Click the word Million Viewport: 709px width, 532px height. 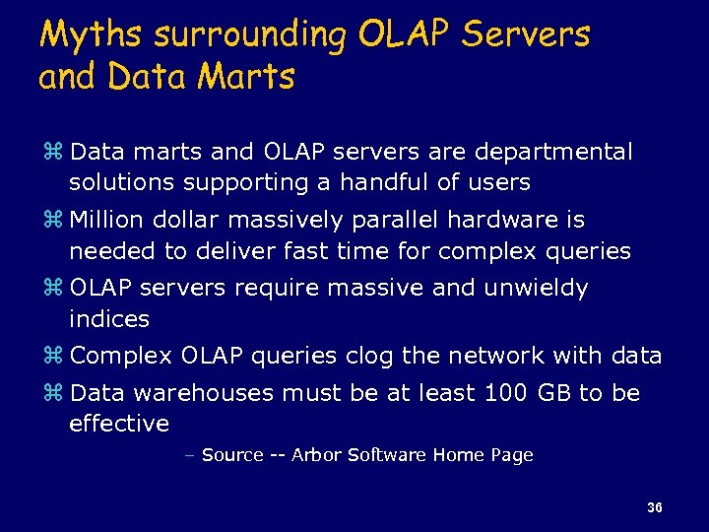tap(107, 221)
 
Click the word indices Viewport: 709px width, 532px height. tap(109, 318)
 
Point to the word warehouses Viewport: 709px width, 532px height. tap(204, 394)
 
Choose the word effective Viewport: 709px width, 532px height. tap(119, 424)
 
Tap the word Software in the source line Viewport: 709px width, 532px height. tap(380, 455)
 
